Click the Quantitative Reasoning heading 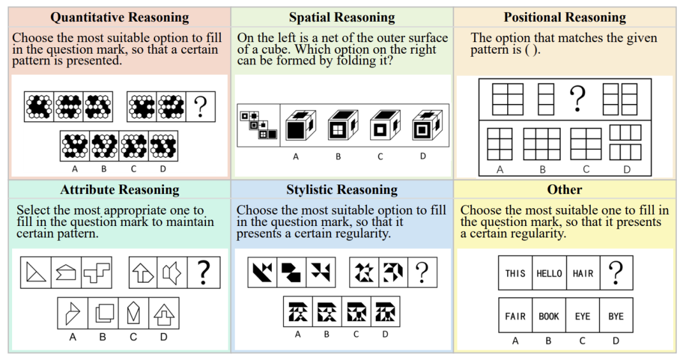[119, 17]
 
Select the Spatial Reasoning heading [341, 17]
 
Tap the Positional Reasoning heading [565, 17]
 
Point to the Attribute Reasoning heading [119, 190]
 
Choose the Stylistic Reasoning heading [341, 190]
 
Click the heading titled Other [565, 190]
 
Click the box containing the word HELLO [549, 273]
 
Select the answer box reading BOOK [549, 316]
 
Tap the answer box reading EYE [582, 316]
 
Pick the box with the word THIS [515, 273]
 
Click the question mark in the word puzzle [616, 273]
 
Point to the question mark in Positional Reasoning [577, 98]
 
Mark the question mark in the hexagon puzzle [200, 107]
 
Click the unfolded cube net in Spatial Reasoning [258, 125]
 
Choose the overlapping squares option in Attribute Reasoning [103, 313]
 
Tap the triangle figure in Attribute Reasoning [36, 273]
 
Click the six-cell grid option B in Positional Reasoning [542, 144]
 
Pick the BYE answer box [616, 316]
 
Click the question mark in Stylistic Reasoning [422, 273]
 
